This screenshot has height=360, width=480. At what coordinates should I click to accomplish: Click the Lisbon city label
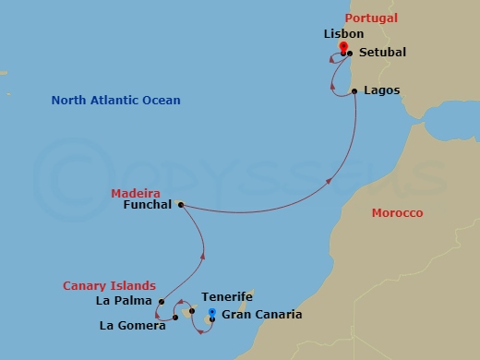338,33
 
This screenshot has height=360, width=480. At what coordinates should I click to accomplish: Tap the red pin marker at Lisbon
343,48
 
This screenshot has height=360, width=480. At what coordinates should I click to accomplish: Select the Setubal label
381,53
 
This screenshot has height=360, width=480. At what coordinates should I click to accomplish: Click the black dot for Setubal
350,54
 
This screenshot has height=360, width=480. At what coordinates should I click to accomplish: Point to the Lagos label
381,90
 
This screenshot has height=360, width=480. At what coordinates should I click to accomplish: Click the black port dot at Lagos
355,90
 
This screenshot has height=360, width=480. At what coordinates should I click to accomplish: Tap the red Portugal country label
371,18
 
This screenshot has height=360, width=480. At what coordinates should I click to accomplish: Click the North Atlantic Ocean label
115,100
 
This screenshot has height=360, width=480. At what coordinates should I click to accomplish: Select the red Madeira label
129,193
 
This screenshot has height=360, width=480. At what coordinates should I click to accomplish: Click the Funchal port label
147,205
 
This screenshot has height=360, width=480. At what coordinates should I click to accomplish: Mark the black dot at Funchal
180,205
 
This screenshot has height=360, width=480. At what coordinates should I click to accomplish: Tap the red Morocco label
397,213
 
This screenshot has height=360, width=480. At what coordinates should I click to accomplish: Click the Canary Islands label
109,285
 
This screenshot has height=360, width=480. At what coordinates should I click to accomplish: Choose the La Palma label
122,301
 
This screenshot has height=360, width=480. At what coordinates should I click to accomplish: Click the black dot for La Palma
162,302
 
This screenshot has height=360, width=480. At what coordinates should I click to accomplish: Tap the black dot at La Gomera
175,318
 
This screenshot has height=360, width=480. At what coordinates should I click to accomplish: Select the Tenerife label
227,297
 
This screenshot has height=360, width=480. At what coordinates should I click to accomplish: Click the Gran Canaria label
262,315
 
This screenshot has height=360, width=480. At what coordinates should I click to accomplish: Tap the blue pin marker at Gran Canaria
212,314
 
